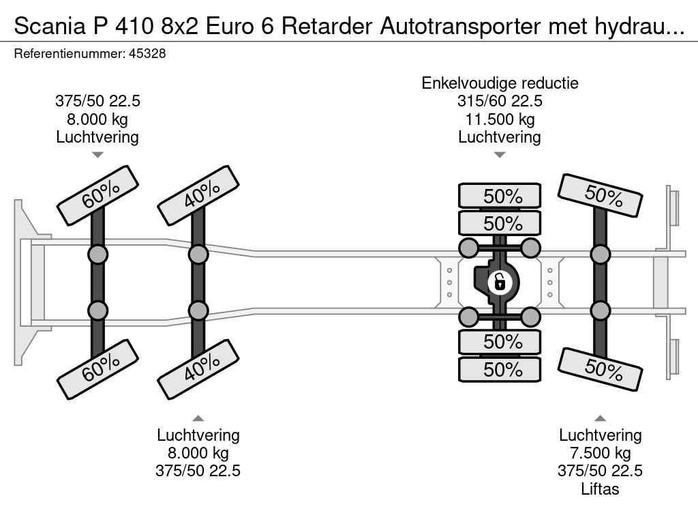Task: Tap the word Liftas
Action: [x=600, y=489]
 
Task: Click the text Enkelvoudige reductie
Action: [x=500, y=83]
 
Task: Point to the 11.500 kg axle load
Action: [x=500, y=119]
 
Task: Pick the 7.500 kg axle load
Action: [x=600, y=453]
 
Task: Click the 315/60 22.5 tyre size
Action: [x=500, y=102]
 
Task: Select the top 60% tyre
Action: [x=97, y=195]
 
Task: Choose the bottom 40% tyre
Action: [x=198, y=371]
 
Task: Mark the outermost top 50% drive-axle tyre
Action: [x=500, y=196]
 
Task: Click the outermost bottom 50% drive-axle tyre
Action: [x=500, y=369]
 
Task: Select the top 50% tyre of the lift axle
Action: [x=600, y=195]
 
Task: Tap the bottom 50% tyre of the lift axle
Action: [x=600, y=369]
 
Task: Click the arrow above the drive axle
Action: [x=500, y=155]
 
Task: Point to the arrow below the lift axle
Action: [x=600, y=418]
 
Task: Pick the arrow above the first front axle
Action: [x=97, y=155]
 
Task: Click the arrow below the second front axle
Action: [x=198, y=418]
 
